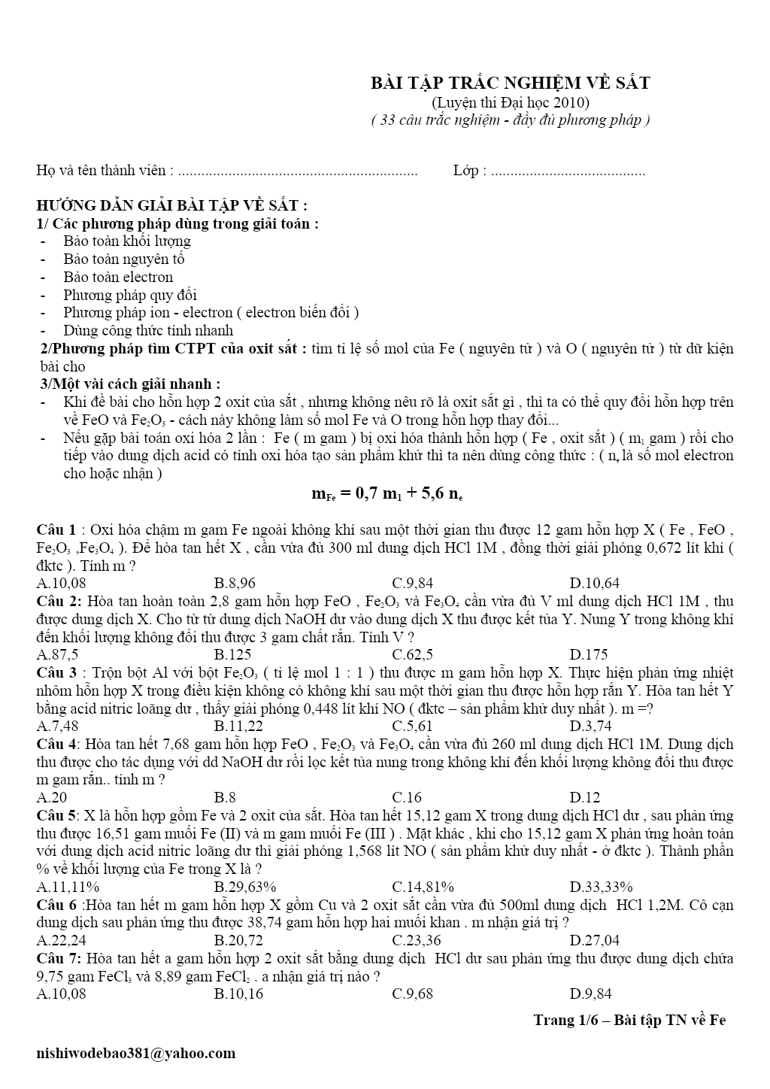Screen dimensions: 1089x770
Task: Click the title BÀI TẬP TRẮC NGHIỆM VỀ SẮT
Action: [x=511, y=83]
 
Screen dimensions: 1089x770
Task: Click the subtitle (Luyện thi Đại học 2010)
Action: [x=511, y=102]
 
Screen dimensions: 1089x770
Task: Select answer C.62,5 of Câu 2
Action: [x=412, y=654]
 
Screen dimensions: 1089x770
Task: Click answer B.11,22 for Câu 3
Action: [x=238, y=726]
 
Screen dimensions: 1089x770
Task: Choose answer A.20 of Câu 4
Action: [x=52, y=797]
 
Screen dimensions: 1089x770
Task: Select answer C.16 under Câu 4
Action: [x=407, y=797]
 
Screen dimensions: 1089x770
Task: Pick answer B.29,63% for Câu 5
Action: [x=245, y=887]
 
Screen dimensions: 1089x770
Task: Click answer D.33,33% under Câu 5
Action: [x=601, y=887]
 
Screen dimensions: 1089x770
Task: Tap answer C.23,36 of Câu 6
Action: [x=417, y=940]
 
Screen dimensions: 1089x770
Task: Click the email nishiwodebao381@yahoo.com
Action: [x=136, y=1053]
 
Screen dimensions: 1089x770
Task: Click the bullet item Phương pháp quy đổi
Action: [x=130, y=295]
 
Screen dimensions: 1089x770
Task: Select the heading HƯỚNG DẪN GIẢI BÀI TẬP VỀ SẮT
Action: [x=171, y=206]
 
